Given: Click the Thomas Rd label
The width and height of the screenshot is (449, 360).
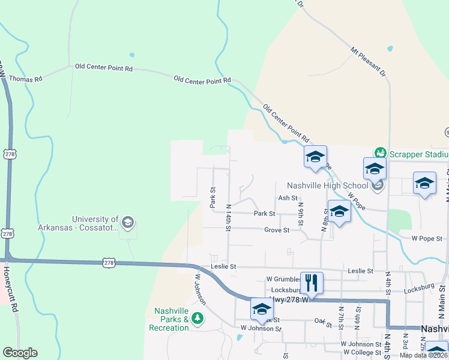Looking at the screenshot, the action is (x=25, y=79).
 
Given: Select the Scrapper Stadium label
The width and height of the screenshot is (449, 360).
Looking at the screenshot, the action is (x=418, y=154).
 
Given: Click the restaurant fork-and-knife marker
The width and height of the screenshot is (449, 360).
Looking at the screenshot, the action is (x=312, y=282).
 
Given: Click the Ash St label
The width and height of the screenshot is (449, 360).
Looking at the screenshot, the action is (x=288, y=198).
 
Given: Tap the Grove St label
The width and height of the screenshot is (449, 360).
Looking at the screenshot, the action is (x=277, y=230).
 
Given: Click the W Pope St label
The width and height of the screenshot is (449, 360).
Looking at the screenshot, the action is (x=427, y=238).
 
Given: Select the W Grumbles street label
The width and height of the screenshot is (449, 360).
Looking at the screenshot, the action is (x=284, y=279).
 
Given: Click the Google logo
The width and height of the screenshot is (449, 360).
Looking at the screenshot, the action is (x=20, y=353).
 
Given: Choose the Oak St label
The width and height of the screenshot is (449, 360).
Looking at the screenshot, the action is (x=323, y=322).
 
